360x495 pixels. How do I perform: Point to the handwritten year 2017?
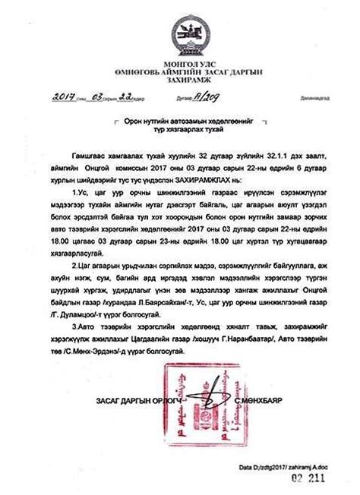(x=69, y=98)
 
